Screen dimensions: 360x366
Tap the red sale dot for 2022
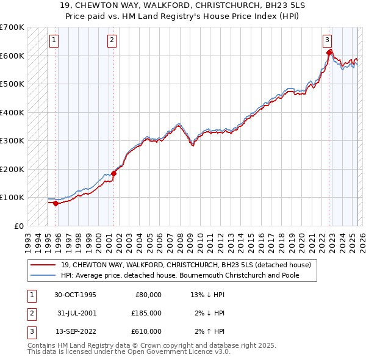(x=329, y=52)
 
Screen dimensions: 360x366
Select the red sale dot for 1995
(x=56, y=203)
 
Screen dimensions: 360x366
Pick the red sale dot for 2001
(x=113, y=173)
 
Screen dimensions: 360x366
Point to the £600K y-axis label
(x=12, y=56)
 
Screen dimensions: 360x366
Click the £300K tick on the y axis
(x=12, y=141)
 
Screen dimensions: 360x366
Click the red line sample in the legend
(x=43, y=265)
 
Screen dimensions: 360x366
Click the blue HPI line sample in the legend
(x=43, y=275)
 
